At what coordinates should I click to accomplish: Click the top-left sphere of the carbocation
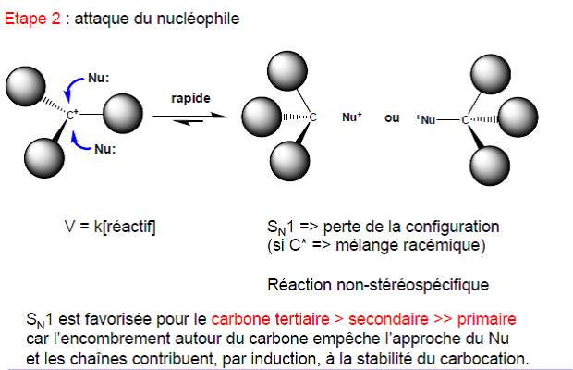click(23, 87)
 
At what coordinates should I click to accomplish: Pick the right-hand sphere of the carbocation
click(123, 115)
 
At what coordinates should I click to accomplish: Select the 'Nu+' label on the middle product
click(352, 117)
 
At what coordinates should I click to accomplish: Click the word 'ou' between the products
click(392, 117)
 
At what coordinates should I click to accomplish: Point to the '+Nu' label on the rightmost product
click(426, 119)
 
